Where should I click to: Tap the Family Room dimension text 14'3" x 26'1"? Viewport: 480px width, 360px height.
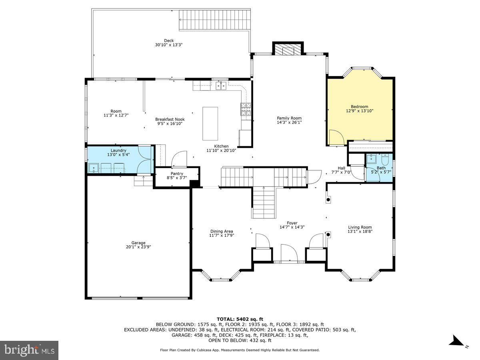click(x=289, y=123)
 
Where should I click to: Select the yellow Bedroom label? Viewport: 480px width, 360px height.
click(x=359, y=107)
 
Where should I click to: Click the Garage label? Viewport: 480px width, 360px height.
click(x=138, y=243)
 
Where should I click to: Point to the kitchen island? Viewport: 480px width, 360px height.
click(x=210, y=123)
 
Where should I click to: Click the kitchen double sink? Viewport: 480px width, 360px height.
click(x=220, y=86)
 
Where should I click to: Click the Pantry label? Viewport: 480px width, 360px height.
click(x=177, y=174)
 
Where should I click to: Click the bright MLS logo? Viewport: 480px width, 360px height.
click(x=29, y=350)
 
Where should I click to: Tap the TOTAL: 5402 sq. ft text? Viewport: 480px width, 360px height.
click(x=240, y=319)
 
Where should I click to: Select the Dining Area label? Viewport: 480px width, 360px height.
click(x=222, y=231)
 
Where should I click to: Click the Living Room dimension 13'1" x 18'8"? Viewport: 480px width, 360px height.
click(x=360, y=231)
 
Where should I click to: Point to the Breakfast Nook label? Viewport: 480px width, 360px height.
click(x=170, y=119)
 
